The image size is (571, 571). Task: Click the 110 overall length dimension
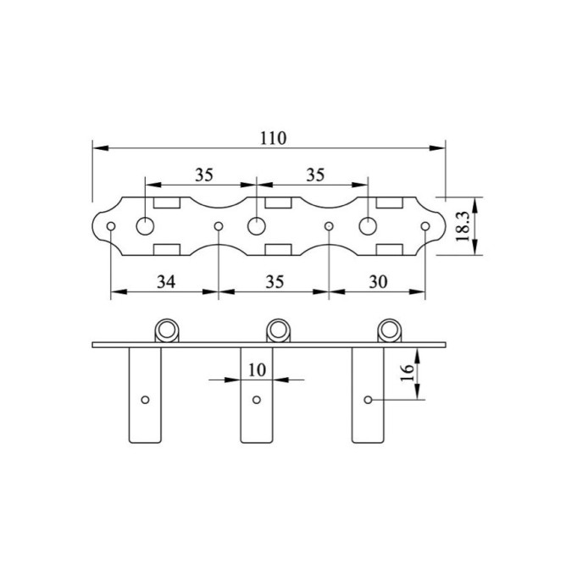(x=273, y=138)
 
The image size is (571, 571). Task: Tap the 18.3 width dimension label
(x=463, y=227)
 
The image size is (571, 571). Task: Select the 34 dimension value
(x=166, y=282)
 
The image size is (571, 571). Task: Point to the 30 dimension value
(x=379, y=282)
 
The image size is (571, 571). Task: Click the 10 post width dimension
(x=258, y=370)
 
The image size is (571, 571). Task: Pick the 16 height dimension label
(x=407, y=373)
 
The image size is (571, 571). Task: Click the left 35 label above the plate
(x=204, y=175)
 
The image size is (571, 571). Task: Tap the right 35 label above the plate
(x=315, y=175)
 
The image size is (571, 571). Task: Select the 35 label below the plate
(x=274, y=282)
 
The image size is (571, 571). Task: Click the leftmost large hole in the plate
(x=145, y=226)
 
